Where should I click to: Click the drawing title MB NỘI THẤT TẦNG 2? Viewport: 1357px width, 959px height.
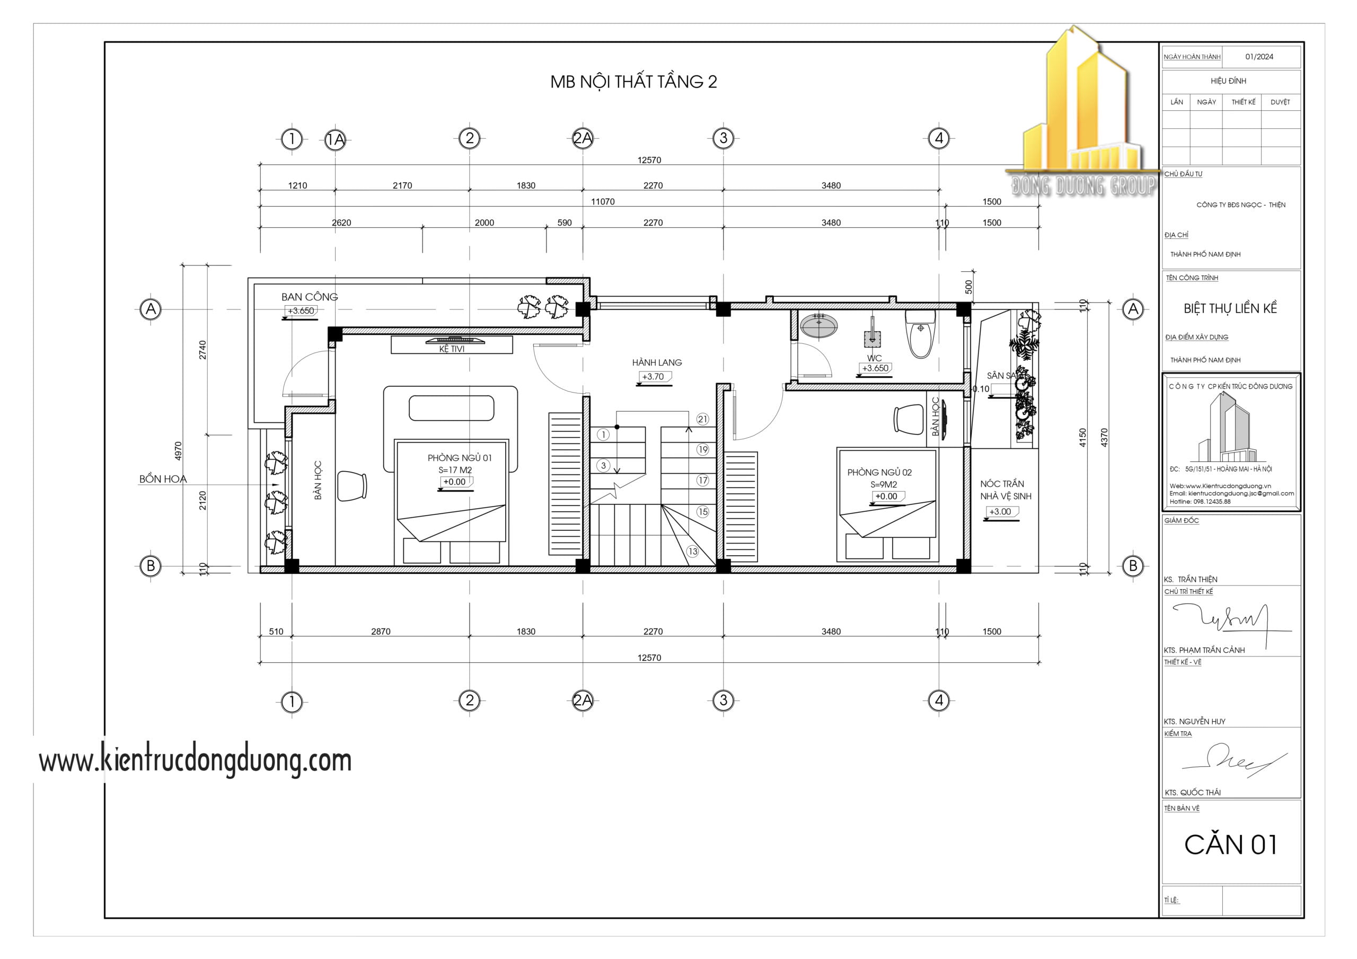pyautogui.click(x=633, y=82)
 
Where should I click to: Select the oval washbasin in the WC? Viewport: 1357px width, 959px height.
pyautogui.click(x=818, y=325)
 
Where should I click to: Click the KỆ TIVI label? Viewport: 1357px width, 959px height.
pyautogui.click(x=452, y=349)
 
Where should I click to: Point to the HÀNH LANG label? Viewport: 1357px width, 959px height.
pyautogui.click(x=657, y=362)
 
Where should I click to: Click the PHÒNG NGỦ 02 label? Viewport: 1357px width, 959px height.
pyautogui.click(x=879, y=472)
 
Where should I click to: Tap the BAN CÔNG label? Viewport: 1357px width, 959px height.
pyautogui.click(x=309, y=297)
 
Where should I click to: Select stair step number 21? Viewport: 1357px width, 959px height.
pyautogui.click(x=702, y=419)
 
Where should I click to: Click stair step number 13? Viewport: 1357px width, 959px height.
pyautogui.click(x=692, y=551)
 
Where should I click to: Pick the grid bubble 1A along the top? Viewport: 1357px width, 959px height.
pyautogui.click(x=336, y=139)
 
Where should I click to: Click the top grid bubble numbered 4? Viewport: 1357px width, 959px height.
pyautogui.click(x=939, y=138)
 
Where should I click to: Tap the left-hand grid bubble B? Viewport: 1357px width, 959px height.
pyautogui.click(x=151, y=565)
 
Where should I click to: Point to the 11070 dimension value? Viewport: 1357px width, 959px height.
pyautogui.click(x=602, y=201)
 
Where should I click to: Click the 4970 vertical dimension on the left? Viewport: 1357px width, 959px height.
pyautogui.click(x=178, y=451)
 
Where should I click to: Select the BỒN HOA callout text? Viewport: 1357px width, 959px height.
pyautogui.click(x=163, y=478)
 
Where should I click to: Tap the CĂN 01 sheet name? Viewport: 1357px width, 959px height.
pyautogui.click(x=1230, y=845)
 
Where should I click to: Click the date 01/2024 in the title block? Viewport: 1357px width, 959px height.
pyautogui.click(x=1259, y=57)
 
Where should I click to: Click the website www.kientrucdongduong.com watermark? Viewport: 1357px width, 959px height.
pyautogui.click(x=195, y=760)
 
